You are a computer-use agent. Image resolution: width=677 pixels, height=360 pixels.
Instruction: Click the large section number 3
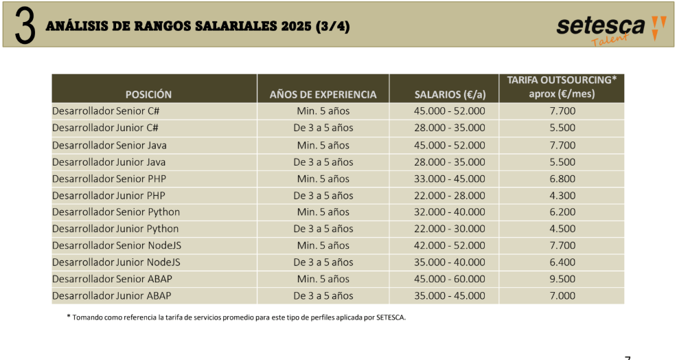(24, 27)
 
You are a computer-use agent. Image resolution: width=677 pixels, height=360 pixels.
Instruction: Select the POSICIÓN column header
(148, 94)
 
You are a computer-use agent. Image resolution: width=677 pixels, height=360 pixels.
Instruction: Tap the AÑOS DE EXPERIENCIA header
(323, 94)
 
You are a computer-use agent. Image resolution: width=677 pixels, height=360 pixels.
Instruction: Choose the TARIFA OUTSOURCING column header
(562, 87)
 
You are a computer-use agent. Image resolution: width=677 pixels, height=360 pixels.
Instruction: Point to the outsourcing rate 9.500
(562, 279)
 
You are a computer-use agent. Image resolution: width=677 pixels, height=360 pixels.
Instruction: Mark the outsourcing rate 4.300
(562, 195)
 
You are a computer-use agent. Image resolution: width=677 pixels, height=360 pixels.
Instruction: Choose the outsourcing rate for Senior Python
(562, 212)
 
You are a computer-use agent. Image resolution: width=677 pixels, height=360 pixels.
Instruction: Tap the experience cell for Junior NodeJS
(323, 262)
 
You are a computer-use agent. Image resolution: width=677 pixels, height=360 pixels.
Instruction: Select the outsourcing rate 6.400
(562, 262)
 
